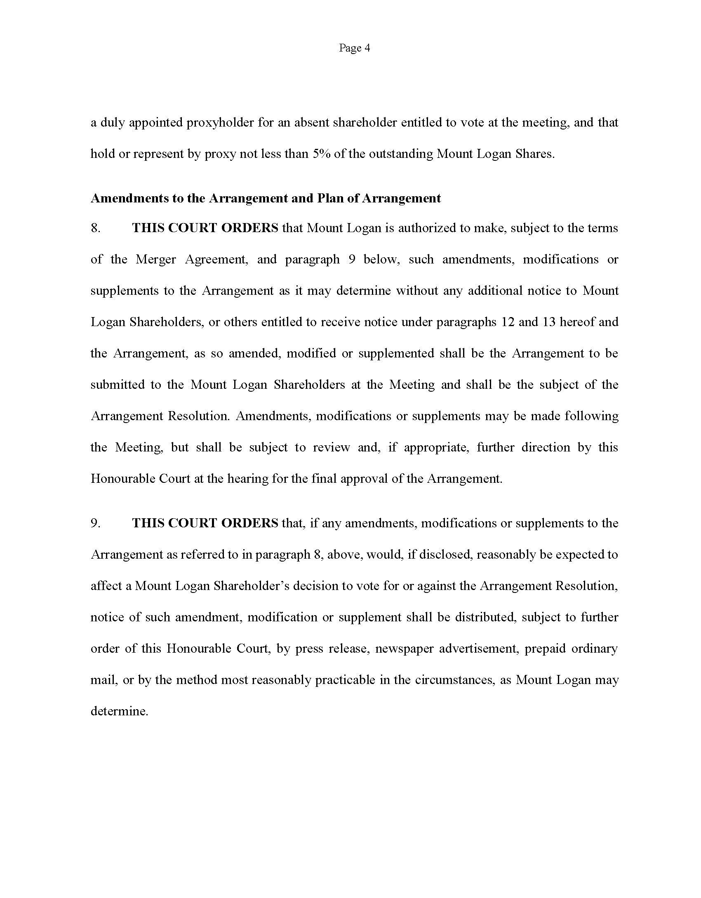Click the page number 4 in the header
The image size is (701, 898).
[367, 48]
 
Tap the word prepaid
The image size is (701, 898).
[545, 649]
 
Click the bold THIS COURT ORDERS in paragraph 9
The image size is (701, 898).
[205, 523]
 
